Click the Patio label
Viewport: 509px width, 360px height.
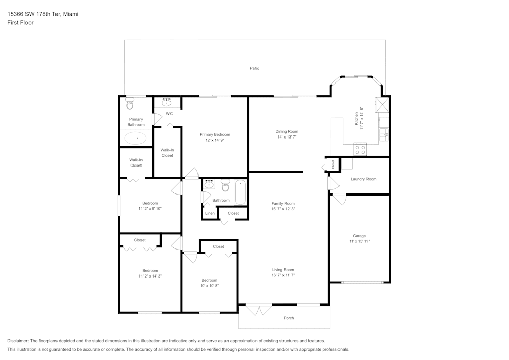pyautogui.click(x=254, y=68)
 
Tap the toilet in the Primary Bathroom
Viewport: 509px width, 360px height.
pyautogui.click(x=129, y=104)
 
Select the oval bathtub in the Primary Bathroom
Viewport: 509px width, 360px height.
pyautogui.click(x=135, y=138)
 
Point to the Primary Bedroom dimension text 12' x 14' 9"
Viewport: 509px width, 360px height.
pyautogui.click(x=214, y=140)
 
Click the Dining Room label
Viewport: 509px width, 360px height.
pyautogui.click(x=287, y=131)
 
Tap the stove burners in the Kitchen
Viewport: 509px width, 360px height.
pyautogui.click(x=360, y=150)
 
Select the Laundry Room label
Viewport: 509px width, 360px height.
pyautogui.click(x=363, y=179)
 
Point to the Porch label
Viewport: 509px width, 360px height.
pyautogui.click(x=289, y=318)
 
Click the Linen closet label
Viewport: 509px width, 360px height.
pyautogui.click(x=210, y=213)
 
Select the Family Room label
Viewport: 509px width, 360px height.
pyautogui.click(x=283, y=203)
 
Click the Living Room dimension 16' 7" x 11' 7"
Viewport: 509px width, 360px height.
pyautogui.click(x=283, y=275)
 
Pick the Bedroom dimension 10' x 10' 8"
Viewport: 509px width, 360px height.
pyautogui.click(x=209, y=285)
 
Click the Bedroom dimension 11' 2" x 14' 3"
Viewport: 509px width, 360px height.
pyautogui.click(x=150, y=276)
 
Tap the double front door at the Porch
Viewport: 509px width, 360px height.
pyautogui.click(x=259, y=310)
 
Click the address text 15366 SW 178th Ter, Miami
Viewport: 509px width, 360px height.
pyautogui.click(x=43, y=14)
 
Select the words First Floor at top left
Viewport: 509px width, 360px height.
pyautogui.click(x=20, y=23)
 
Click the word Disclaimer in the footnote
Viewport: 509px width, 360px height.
pyautogui.click(x=18, y=341)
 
